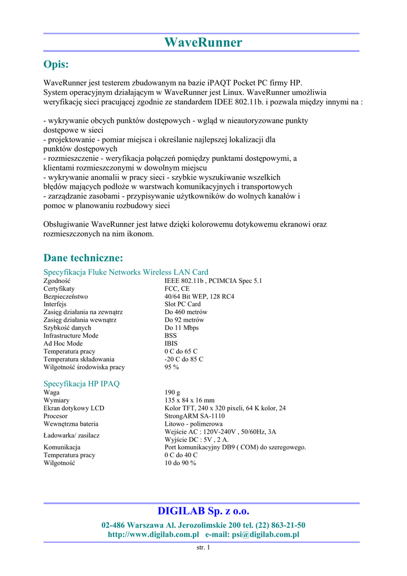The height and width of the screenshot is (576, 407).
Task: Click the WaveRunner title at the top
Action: point(203,43)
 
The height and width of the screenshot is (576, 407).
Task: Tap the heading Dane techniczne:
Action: point(83,258)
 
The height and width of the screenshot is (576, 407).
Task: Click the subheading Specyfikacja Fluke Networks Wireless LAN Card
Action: point(126,272)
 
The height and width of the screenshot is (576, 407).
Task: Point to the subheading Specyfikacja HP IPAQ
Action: point(82,384)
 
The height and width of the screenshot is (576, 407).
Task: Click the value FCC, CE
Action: point(177,289)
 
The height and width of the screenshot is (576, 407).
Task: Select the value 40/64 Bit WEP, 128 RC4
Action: point(200,296)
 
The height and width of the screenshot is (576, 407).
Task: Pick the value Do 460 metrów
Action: point(186,312)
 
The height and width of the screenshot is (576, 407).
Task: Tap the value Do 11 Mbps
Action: point(182,328)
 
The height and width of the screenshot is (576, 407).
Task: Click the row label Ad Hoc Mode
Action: point(63,344)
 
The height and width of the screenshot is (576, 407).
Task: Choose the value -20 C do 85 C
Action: point(184,359)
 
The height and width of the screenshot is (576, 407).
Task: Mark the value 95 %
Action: point(171,367)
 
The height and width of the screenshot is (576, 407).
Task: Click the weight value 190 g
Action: point(173,392)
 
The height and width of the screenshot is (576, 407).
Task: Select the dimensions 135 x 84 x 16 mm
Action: point(189,400)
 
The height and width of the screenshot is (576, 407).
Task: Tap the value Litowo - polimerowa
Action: point(193,424)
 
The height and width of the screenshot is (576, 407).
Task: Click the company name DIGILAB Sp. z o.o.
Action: point(203,511)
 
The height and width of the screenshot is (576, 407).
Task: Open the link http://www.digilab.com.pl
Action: point(153,534)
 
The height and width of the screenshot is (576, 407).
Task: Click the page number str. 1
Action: point(203,548)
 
